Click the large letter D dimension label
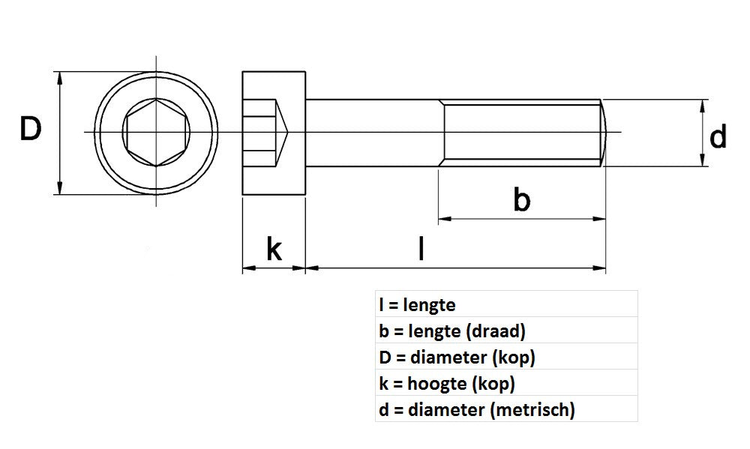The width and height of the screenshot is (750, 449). click(x=30, y=130)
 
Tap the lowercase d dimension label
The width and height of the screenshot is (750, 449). click(x=718, y=138)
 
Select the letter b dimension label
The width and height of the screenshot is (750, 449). click(x=522, y=201)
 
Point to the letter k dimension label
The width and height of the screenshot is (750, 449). click(x=274, y=249)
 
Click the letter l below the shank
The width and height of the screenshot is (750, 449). click(x=422, y=248)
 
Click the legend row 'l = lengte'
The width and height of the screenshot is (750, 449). click(x=418, y=305)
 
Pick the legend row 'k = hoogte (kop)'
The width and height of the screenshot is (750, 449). click(x=447, y=384)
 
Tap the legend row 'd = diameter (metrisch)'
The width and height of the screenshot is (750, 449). click(x=477, y=410)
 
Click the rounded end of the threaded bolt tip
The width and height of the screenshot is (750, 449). click(x=602, y=133)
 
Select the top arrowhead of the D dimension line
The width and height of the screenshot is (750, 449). click(x=58, y=76)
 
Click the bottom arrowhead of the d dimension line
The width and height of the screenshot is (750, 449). click(x=702, y=160)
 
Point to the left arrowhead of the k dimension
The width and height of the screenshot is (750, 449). click(x=247, y=267)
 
